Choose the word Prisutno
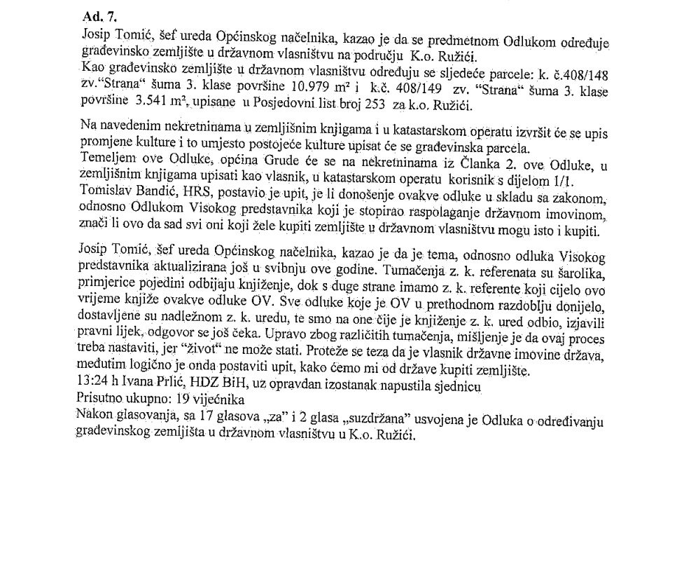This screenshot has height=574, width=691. point(99,399)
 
